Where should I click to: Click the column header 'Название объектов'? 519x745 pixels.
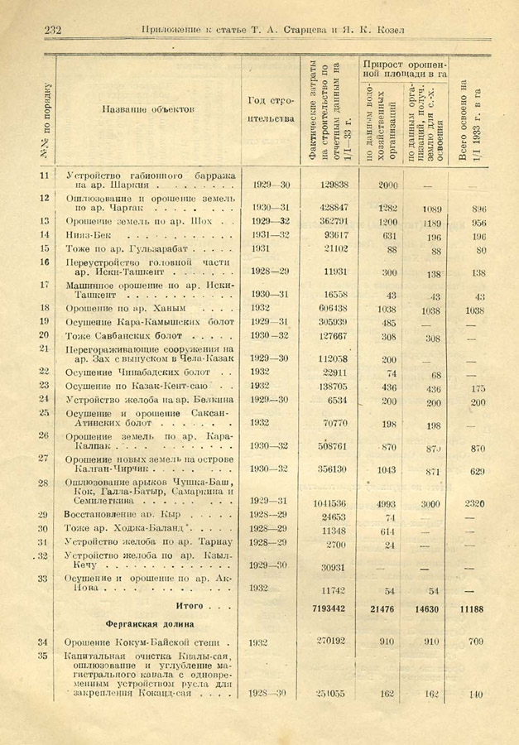(x=149, y=108)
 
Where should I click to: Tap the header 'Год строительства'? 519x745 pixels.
(x=271, y=109)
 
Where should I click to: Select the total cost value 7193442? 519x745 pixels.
(x=325, y=608)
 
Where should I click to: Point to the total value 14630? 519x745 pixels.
(x=425, y=608)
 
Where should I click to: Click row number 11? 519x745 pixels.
(x=43, y=175)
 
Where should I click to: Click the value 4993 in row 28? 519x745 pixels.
(x=387, y=502)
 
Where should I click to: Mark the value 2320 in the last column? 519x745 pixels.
(x=474, y=502)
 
